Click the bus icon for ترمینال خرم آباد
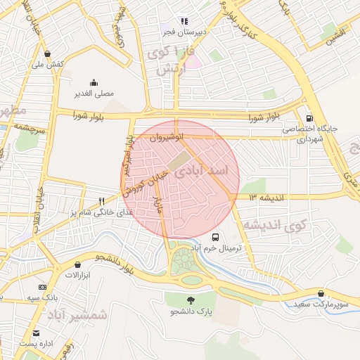coord(215,237)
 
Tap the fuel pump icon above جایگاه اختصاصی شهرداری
coord(309,117)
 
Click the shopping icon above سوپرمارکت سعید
coord(321,293)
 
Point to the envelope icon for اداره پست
coord(36,333)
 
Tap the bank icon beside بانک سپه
coord(42,287)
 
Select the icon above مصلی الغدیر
coord(94,82)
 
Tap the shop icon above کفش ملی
coord(47,53)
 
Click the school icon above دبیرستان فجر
coord(184,21)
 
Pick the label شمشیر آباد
coord(78,316)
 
